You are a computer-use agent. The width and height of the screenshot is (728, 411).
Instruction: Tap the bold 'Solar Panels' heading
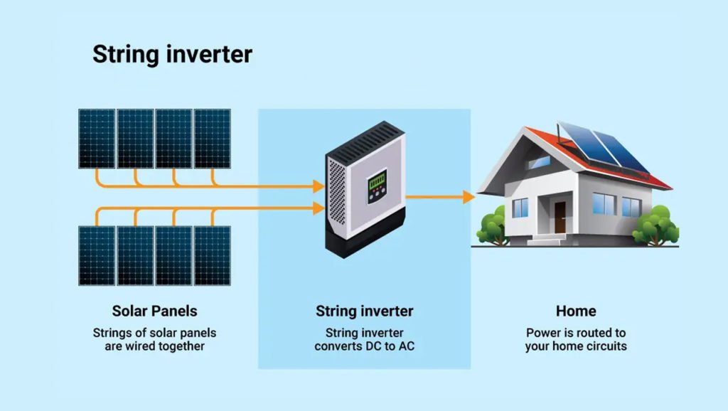pyautogui.click(x=154, y=311)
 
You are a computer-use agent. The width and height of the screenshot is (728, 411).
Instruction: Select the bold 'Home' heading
pyautogui.click(x=576, y=311)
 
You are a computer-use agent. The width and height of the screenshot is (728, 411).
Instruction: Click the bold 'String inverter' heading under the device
pyautogui.click(x=365, y=311)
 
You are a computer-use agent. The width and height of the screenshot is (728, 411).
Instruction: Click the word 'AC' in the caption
pyautogui.click(x=406, y=346)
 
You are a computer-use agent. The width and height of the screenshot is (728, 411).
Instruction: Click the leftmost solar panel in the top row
pyautogui.click(x=97, y=139)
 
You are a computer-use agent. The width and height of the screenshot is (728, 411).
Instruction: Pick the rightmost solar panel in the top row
pyautogui.click(x=212, y=139)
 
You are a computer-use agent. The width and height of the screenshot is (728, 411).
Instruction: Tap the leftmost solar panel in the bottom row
pyautogui.click(x=97, y=256)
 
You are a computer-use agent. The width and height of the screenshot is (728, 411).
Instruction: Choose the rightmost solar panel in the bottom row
pyautogui.click(x=212, y=256)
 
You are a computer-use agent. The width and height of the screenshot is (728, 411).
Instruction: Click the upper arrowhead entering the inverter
pyautogui.click(x=318, y=186)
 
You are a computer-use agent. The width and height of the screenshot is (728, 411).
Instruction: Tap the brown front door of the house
pyautogui.click(x=560, y=217)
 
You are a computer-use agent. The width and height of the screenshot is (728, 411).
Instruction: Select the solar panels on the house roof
pyautogui.click(x=604, y=146)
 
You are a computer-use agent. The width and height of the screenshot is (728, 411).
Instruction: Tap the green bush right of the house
pyautogui.click(x=655, y=225)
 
